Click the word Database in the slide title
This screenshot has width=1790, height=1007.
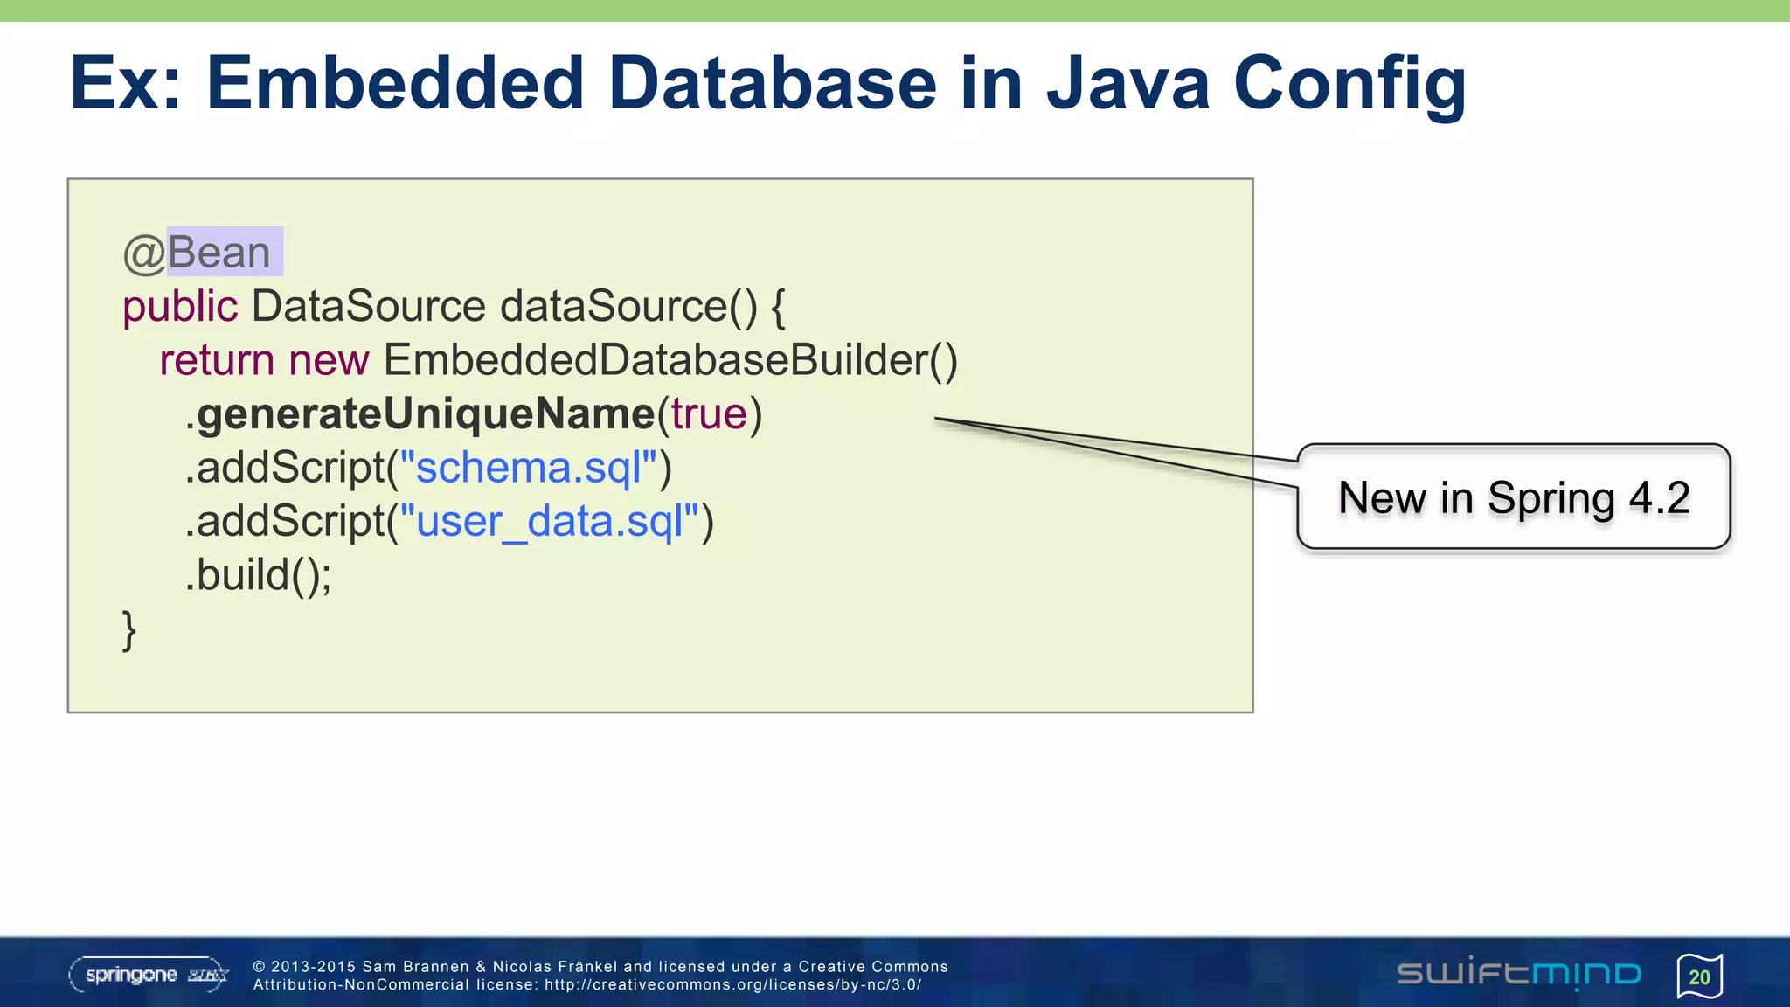click(771, 84)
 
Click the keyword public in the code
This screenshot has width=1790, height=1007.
click(180, 307)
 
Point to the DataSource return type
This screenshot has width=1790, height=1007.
click(368, 307)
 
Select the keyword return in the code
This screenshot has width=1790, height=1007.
click(217, 360)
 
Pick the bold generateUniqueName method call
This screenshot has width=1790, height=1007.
click(426, 414)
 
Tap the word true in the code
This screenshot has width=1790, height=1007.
click(709, 414)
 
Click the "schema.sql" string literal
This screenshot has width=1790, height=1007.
click(528, 468)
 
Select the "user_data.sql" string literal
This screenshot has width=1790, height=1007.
click(550, 522)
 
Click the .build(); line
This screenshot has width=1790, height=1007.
click(259, 575)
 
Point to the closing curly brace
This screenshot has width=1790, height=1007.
click(129, 630)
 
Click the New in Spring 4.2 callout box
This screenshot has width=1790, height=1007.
click(1514, 497)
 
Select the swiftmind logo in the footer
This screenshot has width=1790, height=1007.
click(1519, 974)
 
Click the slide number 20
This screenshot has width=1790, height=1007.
click(1699, 976)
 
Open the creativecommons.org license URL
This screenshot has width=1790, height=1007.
click(732, 984)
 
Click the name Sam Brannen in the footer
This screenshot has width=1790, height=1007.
click(415, 966)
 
